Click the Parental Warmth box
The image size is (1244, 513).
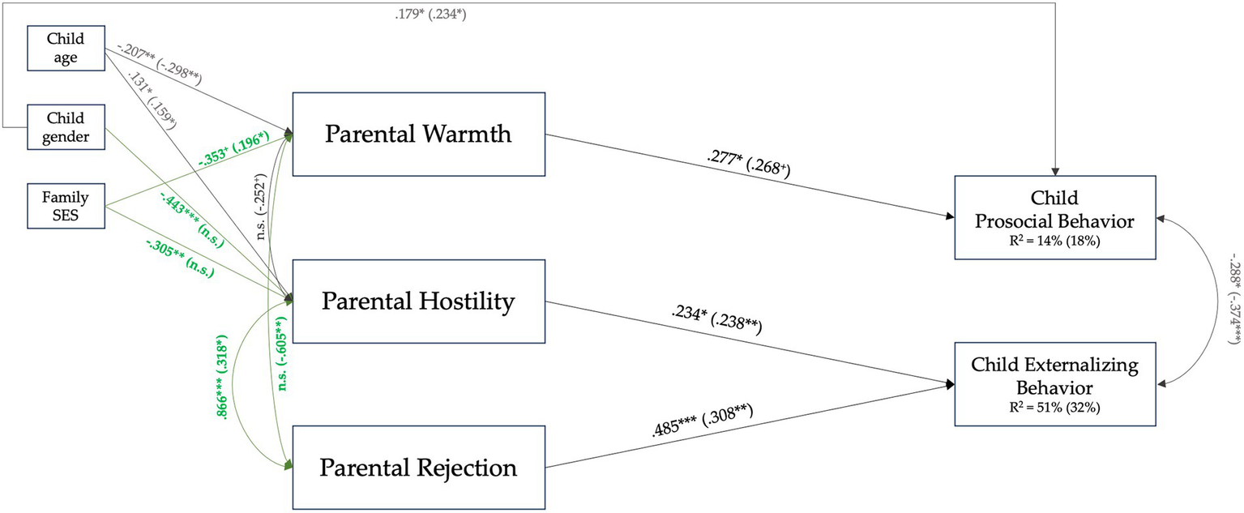click(x=418, y=134)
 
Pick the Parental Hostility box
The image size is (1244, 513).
click(x=418, y=301)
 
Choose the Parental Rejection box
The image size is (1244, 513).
click(x=418, y=468)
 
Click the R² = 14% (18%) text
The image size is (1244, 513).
click(x=1054, y=242)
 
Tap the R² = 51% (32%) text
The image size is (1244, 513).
click(x=1054, y=408)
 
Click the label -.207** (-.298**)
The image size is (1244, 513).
click(x=158, y=62)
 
